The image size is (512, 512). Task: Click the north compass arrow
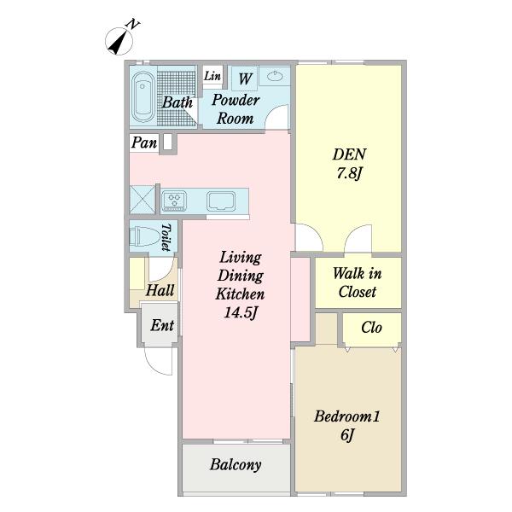point(119,42)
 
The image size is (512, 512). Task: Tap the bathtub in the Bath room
point(143,97)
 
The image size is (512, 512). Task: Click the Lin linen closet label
point(212,76)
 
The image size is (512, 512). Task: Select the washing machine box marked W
point(245,79)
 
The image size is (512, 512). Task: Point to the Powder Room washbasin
point(275,77)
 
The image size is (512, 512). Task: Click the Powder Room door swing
point(276,117)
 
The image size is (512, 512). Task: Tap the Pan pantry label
point(144,143)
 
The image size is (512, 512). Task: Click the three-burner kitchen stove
point(174,201)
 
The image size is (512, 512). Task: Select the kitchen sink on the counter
point(221,201)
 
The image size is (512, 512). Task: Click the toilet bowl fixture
point(143,236)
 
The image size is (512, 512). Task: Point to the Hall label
point(160,290)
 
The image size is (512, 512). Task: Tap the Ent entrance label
point(162,325)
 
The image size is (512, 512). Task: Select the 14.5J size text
point(241,312)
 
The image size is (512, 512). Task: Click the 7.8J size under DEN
point(349,172)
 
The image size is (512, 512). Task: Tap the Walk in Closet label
point(358,282)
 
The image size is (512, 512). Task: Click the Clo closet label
point(371,327)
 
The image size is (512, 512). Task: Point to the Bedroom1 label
point(347,416)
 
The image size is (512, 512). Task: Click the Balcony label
point(236,465)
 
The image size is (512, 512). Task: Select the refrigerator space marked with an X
point(143,200)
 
